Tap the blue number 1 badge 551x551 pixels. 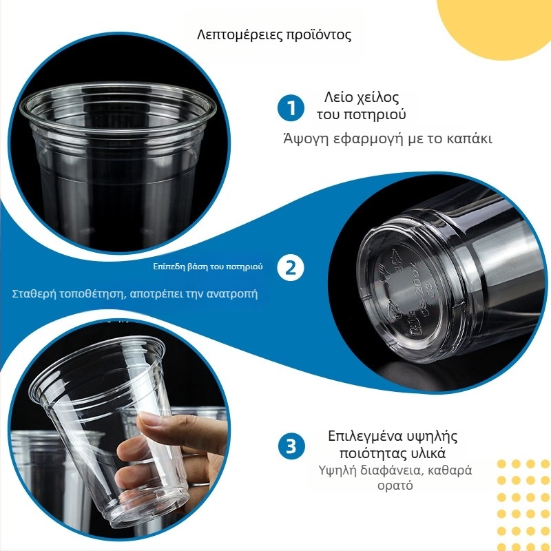click(291, 108)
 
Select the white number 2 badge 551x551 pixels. click(291, 267)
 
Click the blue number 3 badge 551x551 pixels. click(291, 446)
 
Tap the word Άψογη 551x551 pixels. click(305, 138)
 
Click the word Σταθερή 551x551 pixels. click(34, 294)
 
